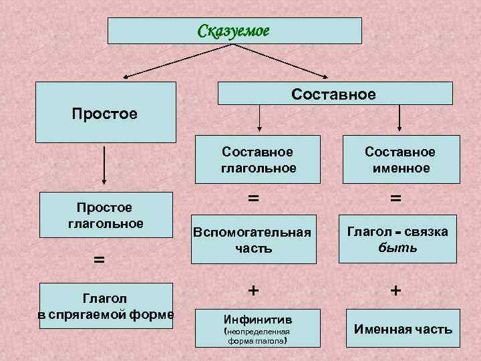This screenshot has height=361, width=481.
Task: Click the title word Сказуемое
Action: [x=232, y=31]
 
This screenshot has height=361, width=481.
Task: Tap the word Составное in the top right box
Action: [x=333, y=94]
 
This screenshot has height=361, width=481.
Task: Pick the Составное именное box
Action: [x=399, y=160]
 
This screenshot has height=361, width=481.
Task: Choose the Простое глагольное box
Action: [x=106, y=215]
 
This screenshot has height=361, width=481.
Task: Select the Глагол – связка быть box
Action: [x=397, y=239]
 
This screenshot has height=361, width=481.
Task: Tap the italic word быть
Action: [x=398, y=247]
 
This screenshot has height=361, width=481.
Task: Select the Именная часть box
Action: [x=403, y=328]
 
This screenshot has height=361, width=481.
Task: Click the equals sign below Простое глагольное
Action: [x=98, y=259]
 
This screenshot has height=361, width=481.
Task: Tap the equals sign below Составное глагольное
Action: [x=253, y=198]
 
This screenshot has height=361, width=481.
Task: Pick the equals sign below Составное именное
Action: [x=396, y=198]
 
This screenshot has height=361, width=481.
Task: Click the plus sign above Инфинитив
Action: [x=253, y=290]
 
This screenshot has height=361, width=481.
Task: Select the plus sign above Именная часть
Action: [x=396, y=290]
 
